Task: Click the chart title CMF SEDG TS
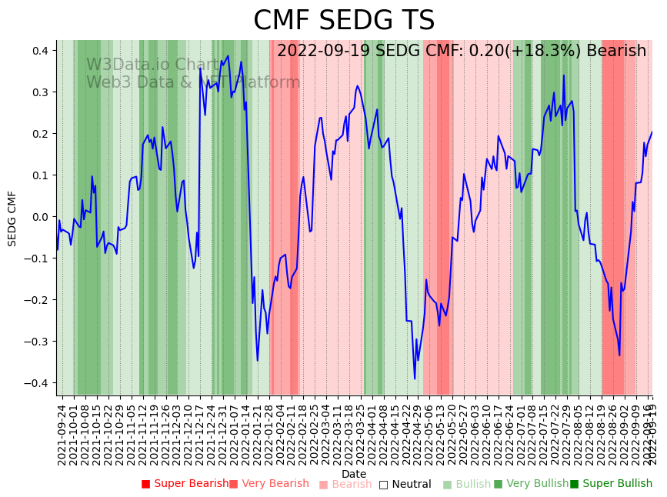(344, 21)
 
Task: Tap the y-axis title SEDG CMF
(12, 218)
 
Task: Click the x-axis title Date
(354, 474)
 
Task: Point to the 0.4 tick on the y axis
(39, 51)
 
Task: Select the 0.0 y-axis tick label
(39, 217)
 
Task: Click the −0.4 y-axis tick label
(36, 383)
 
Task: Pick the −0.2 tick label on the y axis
(36, 300)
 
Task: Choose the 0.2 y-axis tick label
(39, 134)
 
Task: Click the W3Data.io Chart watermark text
(153, 65)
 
